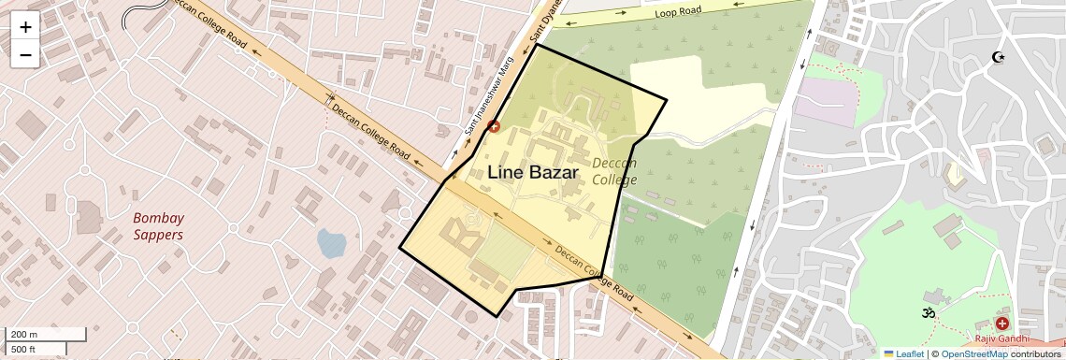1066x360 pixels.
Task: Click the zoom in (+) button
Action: [x=25, y=27]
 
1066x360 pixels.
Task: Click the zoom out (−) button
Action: [x=25, y=54]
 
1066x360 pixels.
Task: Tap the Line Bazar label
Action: [x=532, y=171]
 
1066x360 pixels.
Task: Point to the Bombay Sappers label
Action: [x=157, y=226]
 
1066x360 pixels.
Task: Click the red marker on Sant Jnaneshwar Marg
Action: [x=494, y=126]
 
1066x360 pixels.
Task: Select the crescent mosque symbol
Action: [x=999, y=58]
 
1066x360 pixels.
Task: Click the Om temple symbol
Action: [x=929, y=312]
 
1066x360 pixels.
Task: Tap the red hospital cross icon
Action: [x=1002, y=324]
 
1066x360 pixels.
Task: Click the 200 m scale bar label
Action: [x=25, y=335]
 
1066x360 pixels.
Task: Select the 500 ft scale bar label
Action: [x=24, y=349]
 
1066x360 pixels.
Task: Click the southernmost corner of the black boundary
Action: [x=497, y=317]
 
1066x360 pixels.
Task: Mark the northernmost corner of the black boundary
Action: [x=537, y=44]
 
